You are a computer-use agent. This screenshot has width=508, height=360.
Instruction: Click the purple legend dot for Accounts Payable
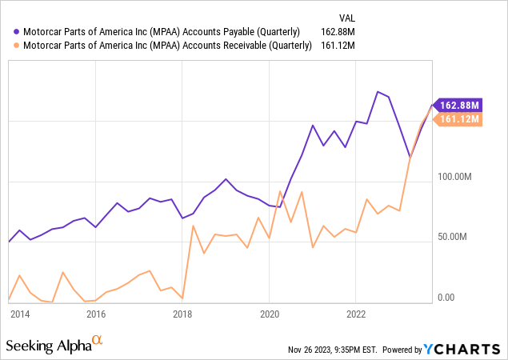pos(17,32)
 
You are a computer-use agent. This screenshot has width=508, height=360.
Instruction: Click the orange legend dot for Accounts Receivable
pos(17,45)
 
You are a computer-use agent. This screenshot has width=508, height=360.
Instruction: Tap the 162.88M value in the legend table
pos(338,32)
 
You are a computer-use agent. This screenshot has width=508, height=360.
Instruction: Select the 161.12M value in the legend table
pos(338,45)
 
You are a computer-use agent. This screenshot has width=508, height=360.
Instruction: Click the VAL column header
pos(347,18)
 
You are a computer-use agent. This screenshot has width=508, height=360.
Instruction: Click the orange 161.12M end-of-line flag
pos(458,119)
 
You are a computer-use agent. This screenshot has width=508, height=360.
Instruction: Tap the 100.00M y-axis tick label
pos(454,177)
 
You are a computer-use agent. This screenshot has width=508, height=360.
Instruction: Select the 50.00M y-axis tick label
pos(452,237)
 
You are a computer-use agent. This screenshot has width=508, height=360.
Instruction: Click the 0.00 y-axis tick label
pos(446,297)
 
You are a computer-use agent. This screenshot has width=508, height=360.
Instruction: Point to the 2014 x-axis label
pos(20,314)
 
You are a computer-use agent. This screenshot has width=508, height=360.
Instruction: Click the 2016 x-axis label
pos(96,314)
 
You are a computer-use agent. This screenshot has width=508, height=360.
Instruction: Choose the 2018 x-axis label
pos(182,314)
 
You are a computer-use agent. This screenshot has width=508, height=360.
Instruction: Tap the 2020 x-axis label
pos(270,314)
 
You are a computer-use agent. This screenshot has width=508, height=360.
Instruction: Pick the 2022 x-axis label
pos(356,314)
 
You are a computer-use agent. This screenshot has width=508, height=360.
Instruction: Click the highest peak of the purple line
pos(378,92)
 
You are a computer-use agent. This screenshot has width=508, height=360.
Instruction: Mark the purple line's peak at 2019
pos(226,179)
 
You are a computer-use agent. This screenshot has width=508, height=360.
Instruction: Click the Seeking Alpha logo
pos(54,345)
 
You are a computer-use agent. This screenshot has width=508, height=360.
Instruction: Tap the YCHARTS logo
pos(462,350)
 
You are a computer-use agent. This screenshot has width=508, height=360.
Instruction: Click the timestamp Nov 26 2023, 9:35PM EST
pos(333,350)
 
